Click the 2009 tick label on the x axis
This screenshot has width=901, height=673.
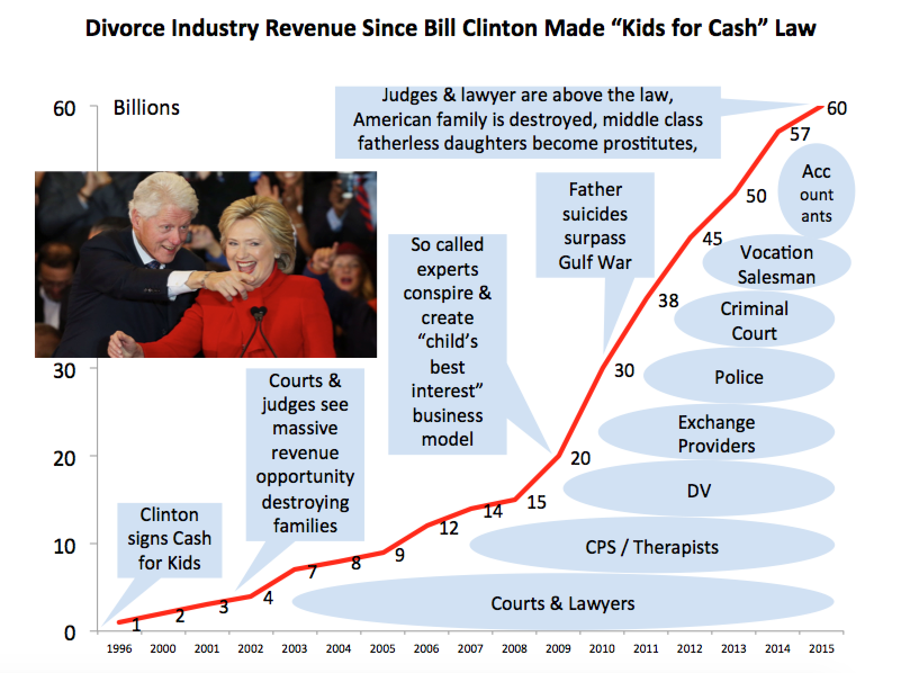(x=558, y=649)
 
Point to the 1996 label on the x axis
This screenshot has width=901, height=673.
(x=119, y=649)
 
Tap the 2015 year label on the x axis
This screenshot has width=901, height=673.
(x=821, y=649)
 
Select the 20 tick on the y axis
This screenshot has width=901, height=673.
(x=64, y=459)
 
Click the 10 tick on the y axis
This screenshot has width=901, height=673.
(x=64, y=546)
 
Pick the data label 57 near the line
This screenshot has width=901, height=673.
(x=800, y=134)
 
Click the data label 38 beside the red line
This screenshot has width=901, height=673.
(x=668, y=301)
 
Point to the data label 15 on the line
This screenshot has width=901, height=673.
(x=536, y=502)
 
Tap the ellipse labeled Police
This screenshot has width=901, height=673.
(x=738, y=377)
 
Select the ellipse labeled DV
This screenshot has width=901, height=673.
(x=699, y=491)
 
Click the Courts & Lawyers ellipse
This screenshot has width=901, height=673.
(x=562, y=603)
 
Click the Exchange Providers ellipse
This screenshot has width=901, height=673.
(x=716, y=434)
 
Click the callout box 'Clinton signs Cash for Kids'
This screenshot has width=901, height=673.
(x=169, y=539)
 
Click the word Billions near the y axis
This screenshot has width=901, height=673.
(x=146, y=107)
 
